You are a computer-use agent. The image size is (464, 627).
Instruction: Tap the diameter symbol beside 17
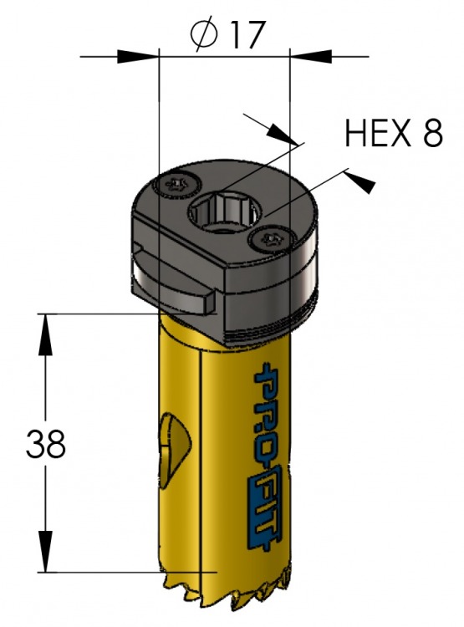pos(204,35)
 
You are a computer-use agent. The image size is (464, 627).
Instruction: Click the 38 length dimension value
pos(45,444)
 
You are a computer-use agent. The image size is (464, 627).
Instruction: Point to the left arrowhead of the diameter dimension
pos(138,56)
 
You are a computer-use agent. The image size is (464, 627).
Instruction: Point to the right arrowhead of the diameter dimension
pos(311,56)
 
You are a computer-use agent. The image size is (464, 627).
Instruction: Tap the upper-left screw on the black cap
pos(176,185)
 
